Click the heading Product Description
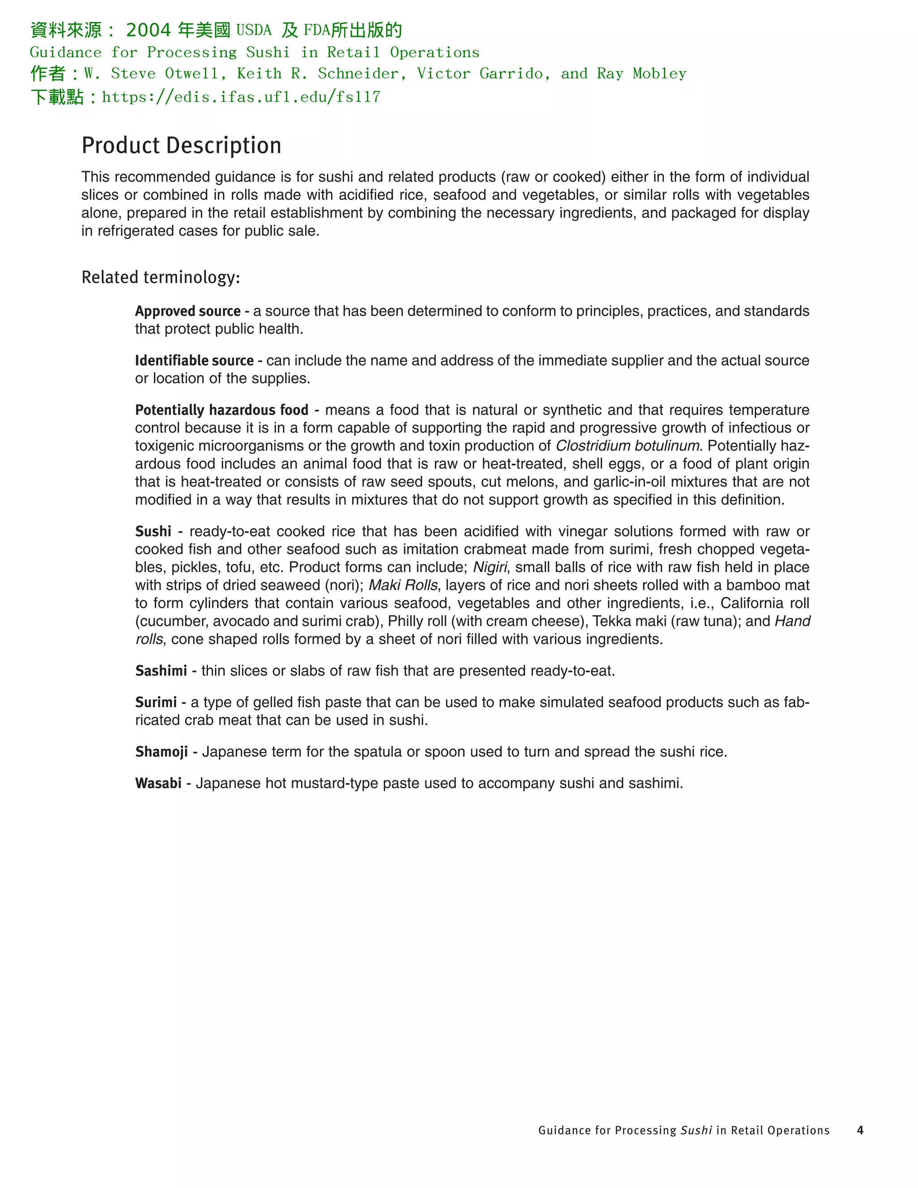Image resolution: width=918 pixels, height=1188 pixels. pos(181,146)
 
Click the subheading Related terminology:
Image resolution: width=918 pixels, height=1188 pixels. pos(160,277)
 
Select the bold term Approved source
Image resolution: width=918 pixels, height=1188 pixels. pos(188,311)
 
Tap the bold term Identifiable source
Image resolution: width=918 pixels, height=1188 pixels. pos(194,360)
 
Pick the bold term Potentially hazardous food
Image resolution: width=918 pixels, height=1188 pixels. pos(221,410)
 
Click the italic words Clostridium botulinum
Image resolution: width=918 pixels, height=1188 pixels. pos(627,446)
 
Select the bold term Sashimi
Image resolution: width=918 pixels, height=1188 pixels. pos(161,671)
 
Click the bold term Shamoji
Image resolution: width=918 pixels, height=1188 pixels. pos(161,752)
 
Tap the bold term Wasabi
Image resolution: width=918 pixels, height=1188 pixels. pos(158,783)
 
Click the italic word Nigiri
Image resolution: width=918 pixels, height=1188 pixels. pos(489,568)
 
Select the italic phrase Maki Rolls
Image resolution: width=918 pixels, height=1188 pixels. pos(403,585)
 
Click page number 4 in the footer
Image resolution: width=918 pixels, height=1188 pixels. pos(860,1130)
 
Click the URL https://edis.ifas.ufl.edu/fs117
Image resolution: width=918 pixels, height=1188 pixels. pos(241,97)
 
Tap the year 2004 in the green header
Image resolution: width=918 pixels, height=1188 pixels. pos(148,30)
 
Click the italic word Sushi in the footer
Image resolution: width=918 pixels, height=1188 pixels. pos(696,1130)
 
